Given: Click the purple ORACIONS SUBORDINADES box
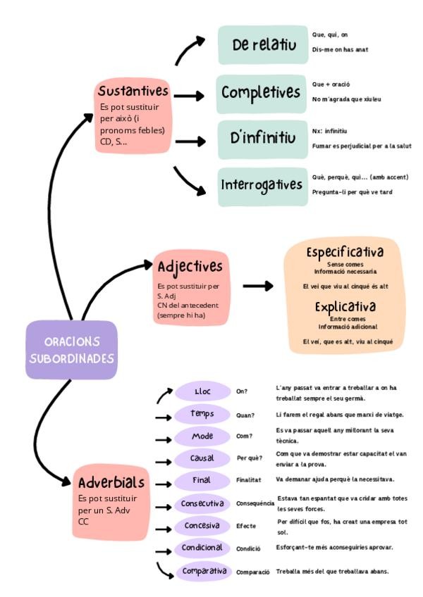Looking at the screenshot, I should pos(70,350).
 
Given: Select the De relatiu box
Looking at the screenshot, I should pos(263,46).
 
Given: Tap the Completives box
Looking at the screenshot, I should pos(261,93).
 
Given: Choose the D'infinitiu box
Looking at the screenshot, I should pos(262,139).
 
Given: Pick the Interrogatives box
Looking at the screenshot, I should pos(262,187).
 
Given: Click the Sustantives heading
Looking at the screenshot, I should pos(133,92).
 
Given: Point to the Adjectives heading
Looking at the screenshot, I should pos(190,267).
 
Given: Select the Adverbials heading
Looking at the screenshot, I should pos(111,482).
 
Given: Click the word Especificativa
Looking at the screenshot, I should pos(345,252).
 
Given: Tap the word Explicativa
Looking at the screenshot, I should pos(345,308).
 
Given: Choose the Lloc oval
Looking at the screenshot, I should pos(202,391).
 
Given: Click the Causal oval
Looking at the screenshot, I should pos(202,458).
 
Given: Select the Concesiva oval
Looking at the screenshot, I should pos(202,525).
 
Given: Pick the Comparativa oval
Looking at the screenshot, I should pos(204,571).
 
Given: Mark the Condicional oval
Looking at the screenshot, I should pos(202,548).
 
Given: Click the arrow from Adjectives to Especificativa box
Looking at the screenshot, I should pos(258,286).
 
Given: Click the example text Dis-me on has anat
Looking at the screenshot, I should pos(340,49).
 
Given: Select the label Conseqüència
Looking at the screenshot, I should pos(255,504).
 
